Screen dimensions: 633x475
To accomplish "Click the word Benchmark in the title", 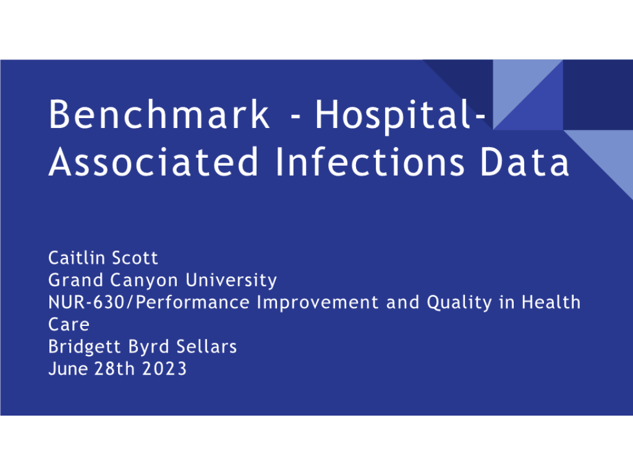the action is pyautogui.click(x=159, y=114).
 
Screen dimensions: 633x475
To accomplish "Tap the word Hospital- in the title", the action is pyautogui.click(x=400, y=117).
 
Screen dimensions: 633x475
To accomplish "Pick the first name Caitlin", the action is pyautogui.click(x=77, y=258).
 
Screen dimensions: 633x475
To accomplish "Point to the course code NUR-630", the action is pyautogui.click(x=87, y=302).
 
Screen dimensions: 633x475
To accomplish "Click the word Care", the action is pyautogui.click(x=69, y=325).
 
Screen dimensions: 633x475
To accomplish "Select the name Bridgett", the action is pyautogui.click(x=85, y=347).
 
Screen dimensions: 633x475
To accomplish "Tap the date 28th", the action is pyautogui.click(x=114, y=369).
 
